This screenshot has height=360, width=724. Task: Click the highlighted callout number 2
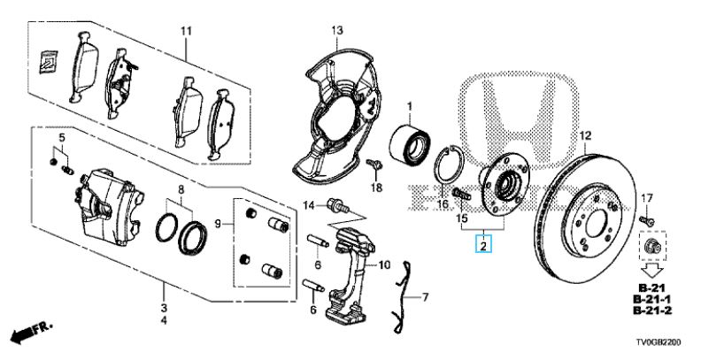tap(483, 245)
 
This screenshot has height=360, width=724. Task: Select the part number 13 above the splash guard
tap(337, 30)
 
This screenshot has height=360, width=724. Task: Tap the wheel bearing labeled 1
tap(409, 141)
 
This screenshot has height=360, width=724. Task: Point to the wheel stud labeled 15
tap(462, 194)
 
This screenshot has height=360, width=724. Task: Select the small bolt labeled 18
tap(374, 164)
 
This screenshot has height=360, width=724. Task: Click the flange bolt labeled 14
tap(336, 205)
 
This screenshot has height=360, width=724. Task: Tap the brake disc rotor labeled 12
tap(582, 217)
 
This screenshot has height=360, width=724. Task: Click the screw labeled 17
tap(646, 221)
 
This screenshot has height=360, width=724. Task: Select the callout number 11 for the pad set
tap(186, 31)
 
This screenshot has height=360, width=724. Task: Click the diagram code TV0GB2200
tap(659, 342)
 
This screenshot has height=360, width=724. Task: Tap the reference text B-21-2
tap(652, 310)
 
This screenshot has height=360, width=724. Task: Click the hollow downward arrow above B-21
tap(651, 269)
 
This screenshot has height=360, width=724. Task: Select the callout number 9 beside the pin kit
tap(220, 225)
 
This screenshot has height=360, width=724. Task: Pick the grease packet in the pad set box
tap(49, 60)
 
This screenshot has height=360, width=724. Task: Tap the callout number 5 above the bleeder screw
tap(62, 137)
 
